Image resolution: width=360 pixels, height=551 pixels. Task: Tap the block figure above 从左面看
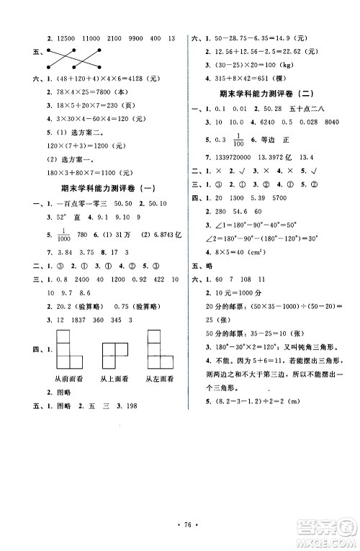tap(158, 351)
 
